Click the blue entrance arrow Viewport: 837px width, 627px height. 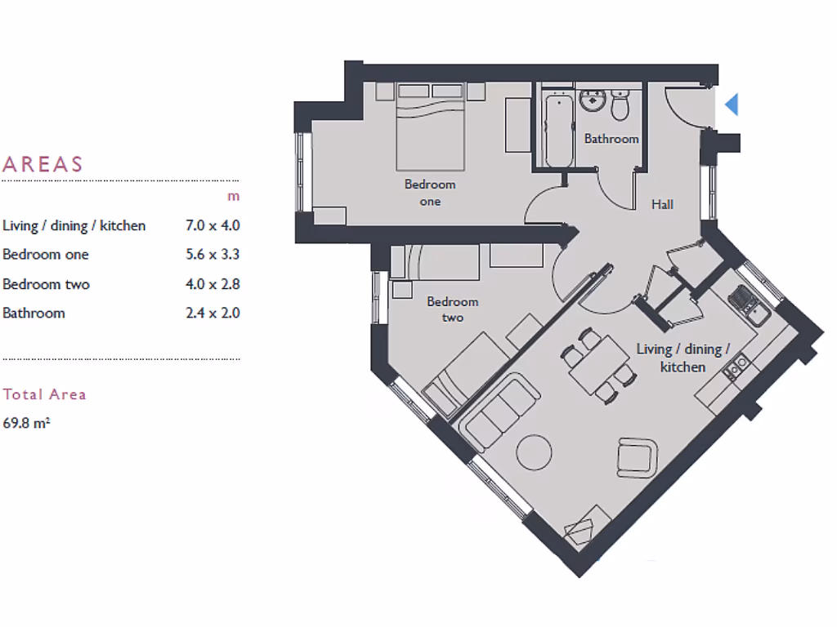pyautogui.click(x=732, y=104)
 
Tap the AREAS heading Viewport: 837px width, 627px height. pyautogui.click(x=43, y=164)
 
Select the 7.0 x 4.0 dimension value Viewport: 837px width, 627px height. pyautogui.click(x=213, y=225)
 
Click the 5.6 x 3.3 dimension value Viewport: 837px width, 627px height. pyautogui.click(x=213, y=255)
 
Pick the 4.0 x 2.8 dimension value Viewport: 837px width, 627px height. pyautogui.click(x=213, y=284)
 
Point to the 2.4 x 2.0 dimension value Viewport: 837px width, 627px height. pyautogui.click(x=213, y=313)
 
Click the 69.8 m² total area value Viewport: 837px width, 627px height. pyautogui.click(x=27, y=423)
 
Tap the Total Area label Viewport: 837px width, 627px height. pyautogui.click(x=44, y=394)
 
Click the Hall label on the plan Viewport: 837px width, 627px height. pyautogui.click(x=662, y=204)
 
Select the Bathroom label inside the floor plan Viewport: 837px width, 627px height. pyautogui.click(x=611, y=139)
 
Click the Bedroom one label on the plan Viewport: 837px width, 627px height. pyautogui.click(x=430, y=193)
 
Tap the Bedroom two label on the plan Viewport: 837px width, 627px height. pyautogui.click(x=453, y=309)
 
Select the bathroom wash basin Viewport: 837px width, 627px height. pyautogui.click(x=591, y=102)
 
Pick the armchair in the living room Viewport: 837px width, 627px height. pyautogui.click(x=636, y=458)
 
